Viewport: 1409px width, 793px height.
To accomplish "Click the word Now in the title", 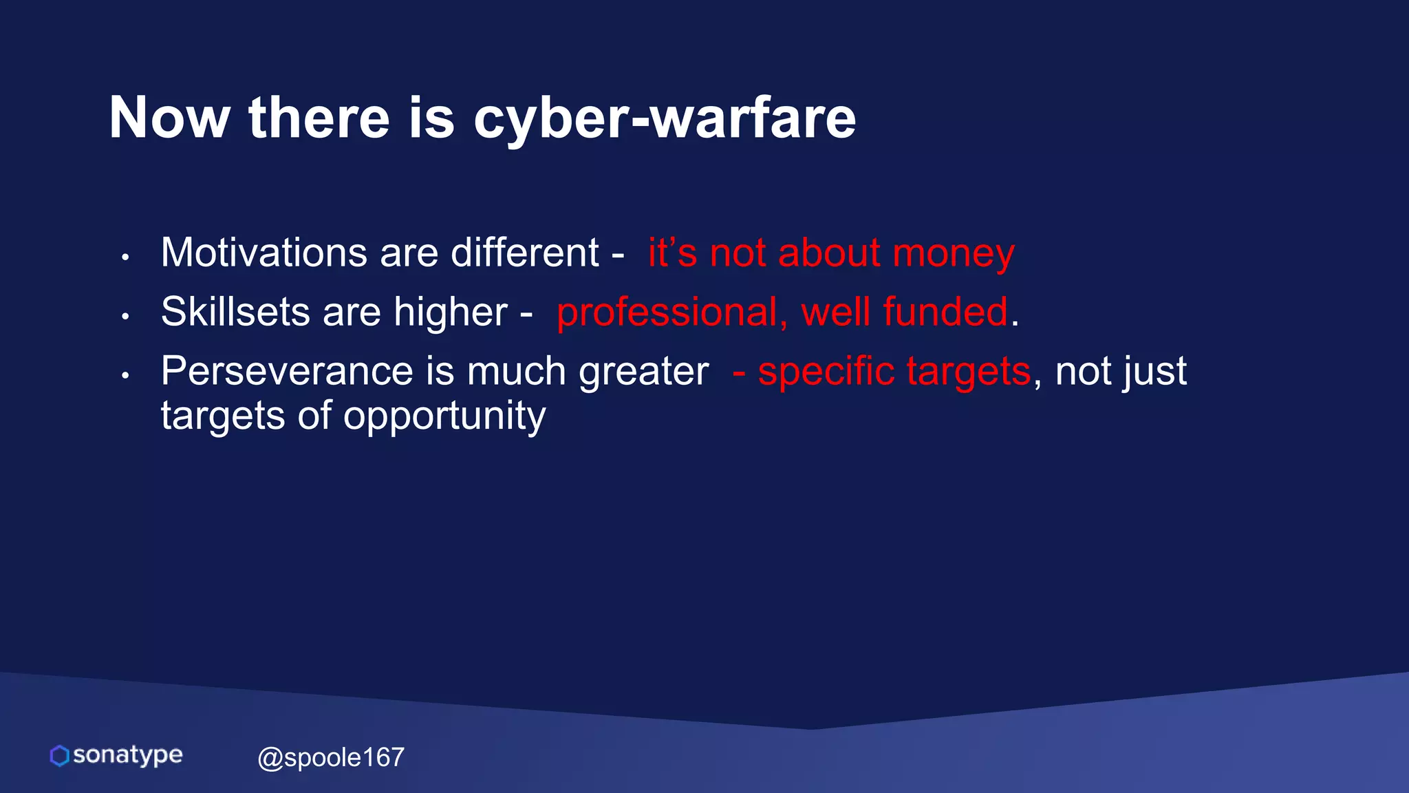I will (x=169, y=118).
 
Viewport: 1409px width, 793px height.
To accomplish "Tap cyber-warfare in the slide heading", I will (x=665, y=118).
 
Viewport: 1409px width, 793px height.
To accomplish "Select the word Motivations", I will (x=264, y=253).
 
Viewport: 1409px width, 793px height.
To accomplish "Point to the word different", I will (x=525, y=253).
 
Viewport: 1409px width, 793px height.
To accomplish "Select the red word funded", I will (x=945, y=312).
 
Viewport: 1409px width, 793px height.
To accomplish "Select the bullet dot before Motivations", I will (x=125, y=257).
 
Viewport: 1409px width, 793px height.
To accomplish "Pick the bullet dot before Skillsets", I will (x=125, y=317).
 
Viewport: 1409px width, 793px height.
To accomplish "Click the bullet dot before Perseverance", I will (x=125, y=376).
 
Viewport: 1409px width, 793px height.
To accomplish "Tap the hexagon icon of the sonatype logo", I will (x=60, y=756).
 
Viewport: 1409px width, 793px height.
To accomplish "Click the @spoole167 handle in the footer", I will (x=331, y=758).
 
